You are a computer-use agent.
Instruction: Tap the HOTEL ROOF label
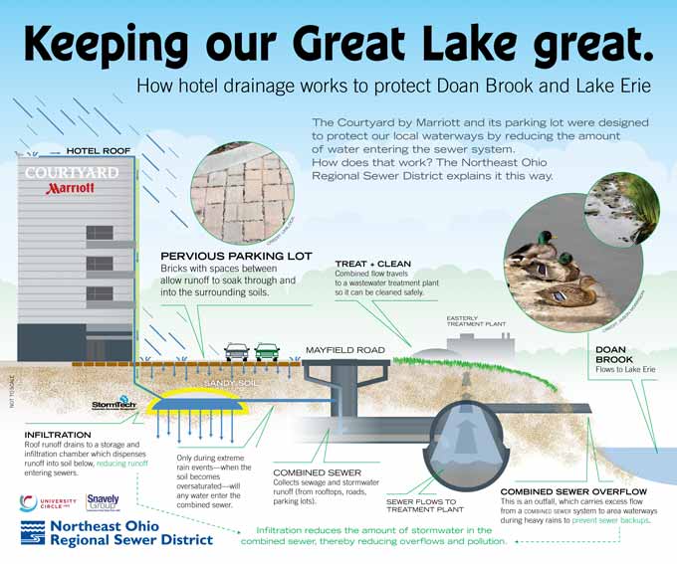[x=99, y=151]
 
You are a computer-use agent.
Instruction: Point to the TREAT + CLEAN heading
[x=372, y=264]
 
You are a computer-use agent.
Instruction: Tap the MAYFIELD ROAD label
[x=344, y=350]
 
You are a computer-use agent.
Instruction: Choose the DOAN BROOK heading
[x=613, y=353]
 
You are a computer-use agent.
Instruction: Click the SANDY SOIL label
[x=230, y=382]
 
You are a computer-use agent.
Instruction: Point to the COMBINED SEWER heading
[x=317, y=472]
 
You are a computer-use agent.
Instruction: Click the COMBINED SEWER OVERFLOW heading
[x=573, y=491]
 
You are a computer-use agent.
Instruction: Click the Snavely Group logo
[x=104, y=502]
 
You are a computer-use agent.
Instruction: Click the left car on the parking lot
[x=236, y=350]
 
